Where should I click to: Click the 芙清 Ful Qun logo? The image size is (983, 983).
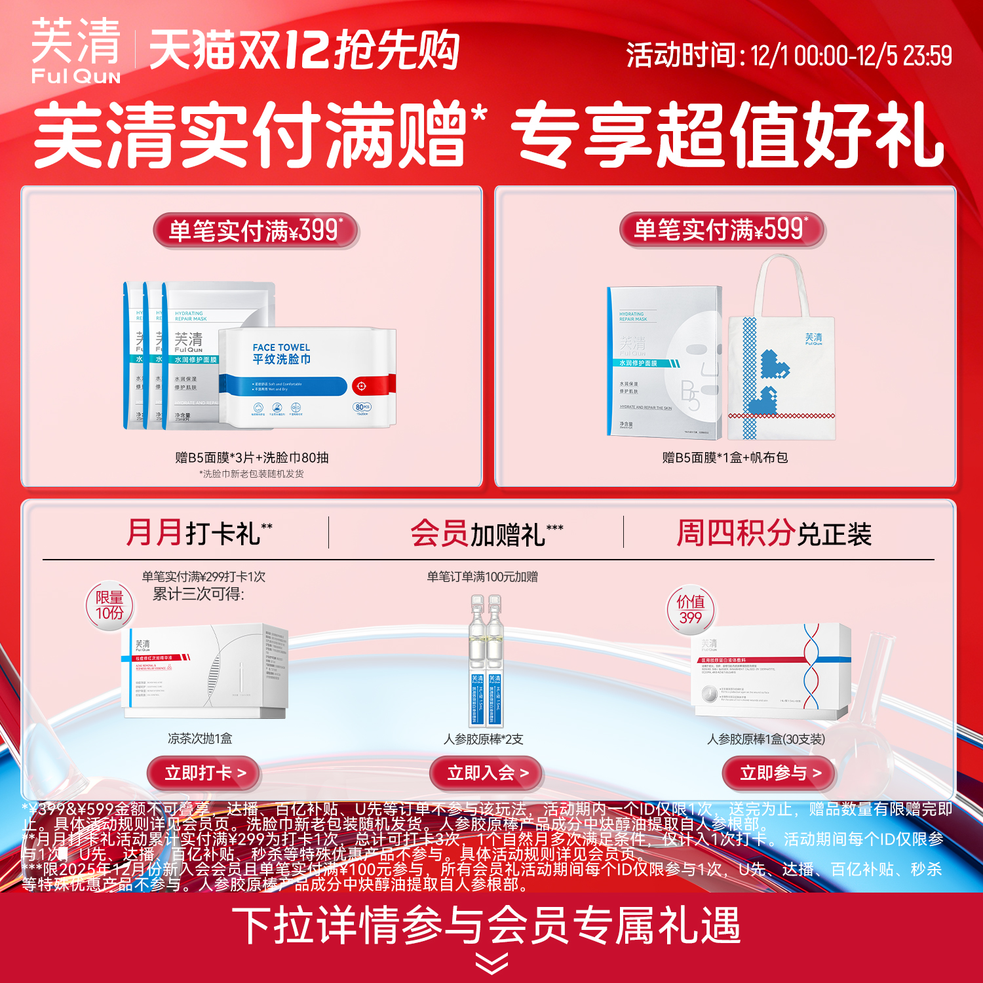[76, 51]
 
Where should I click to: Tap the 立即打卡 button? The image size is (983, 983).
[205, 773]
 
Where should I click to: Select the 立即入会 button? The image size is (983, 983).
[487, 773]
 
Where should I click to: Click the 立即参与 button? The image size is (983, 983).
[780, 773]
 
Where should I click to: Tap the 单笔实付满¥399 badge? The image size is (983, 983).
[256, 231]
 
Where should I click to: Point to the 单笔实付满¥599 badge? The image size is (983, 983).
[722, 230]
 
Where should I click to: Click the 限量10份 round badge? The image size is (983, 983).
[109, 606]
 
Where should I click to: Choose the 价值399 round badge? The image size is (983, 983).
[691, 609]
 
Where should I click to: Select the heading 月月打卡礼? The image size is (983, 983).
[199, 533]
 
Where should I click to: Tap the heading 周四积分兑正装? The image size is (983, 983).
[774, 533]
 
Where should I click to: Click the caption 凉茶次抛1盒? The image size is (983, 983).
[200, 739]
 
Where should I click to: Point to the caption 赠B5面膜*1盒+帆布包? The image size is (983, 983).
[725, 457]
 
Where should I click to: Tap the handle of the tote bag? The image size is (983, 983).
[781, 282]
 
